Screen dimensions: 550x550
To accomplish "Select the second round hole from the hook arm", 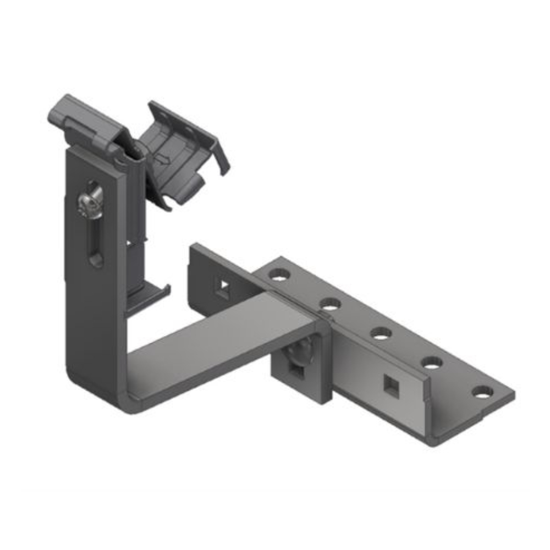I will (330, 302).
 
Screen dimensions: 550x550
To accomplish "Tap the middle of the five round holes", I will (381, 332).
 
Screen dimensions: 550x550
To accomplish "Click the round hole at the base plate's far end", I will (482, 392).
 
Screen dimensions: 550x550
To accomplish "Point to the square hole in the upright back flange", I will (222, 289).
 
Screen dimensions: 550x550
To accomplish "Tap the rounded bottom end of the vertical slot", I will (96, 258).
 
